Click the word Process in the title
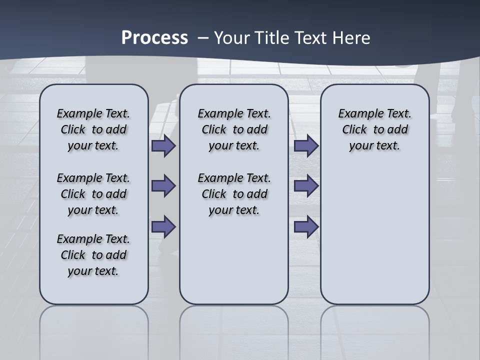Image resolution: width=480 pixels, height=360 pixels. [x=154, y=38]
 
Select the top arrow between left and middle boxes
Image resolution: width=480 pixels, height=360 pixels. [x=163, y=146]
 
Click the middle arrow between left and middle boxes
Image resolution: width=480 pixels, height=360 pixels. [x=163, y=186]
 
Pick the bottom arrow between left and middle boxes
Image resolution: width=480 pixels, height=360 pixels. [x=163, y=227]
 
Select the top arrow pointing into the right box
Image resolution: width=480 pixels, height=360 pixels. [x=306, y=146]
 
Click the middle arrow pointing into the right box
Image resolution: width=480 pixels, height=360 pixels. [x=306, y=186]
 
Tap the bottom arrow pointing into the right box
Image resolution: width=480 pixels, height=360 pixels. [x=306, y=227]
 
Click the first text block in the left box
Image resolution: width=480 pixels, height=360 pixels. [x=93, y=129]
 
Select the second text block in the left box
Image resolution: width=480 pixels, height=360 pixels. [x=93, y=194]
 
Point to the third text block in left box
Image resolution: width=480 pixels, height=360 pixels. [x=93, y=255]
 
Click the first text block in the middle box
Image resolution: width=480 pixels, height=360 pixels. [x=234, y=129]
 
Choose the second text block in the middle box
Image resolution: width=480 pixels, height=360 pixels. [x=234, y=194]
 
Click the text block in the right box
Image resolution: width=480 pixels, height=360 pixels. [x=374, y=129]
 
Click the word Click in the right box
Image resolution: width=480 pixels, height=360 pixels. [x=354, y=130]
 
